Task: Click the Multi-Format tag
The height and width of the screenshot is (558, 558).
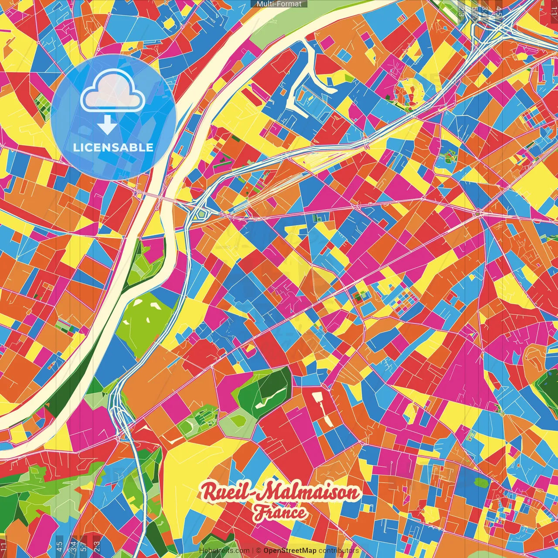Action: click(279, 4)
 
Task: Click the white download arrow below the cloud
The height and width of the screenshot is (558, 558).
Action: click(107, 125)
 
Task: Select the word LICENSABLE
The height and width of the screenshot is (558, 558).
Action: click(113, 147)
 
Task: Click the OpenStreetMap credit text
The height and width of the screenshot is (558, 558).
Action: click(289, 551)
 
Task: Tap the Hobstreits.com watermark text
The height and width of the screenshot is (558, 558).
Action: click(224, 551)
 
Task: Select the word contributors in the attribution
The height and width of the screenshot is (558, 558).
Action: click(338, 551)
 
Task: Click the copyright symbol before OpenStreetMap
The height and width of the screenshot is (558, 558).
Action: click(259, 551)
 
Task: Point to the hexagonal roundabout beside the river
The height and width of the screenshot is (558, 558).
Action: click(201, 214)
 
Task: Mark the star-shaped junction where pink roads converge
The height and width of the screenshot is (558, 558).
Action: click(480, 213)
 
